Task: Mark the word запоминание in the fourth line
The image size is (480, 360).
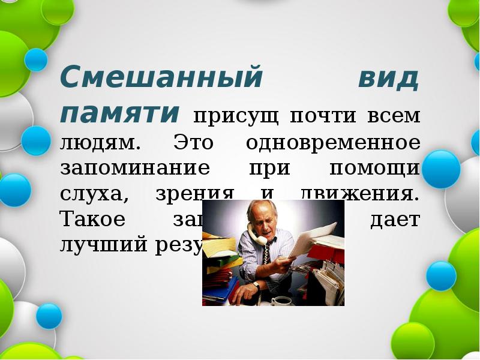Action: click(x=134, y=169)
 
